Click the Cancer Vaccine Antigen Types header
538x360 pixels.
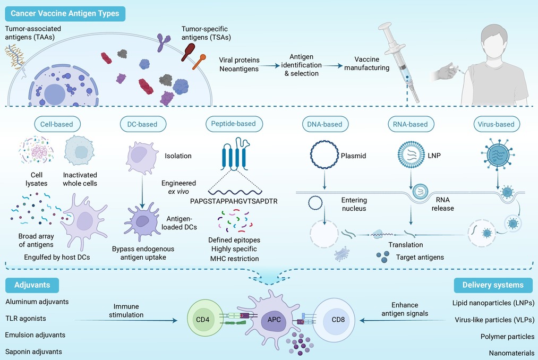[65, 14]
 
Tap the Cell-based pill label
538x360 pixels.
[57, 124]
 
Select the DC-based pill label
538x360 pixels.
[143, 124]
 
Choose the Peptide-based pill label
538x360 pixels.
[234, 124]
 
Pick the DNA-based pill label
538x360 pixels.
[325, 124]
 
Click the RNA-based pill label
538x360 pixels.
[411, 124]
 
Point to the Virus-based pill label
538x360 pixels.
[497, 124]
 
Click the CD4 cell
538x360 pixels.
[203, 320]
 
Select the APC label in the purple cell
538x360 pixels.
[274, 320]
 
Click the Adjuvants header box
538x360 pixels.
[32, 285]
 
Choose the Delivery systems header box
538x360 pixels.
[493, 285]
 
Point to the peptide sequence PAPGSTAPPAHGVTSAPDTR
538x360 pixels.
[234, 201]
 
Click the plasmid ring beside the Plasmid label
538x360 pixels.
[324, 154]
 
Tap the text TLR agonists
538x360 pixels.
[25, 319]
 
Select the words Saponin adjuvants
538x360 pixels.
[33, 352]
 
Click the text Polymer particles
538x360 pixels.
[508, 337]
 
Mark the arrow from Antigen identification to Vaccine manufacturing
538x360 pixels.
[332, 65]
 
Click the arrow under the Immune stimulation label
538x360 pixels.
[126, 321]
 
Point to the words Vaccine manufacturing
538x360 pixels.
[367, 64]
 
